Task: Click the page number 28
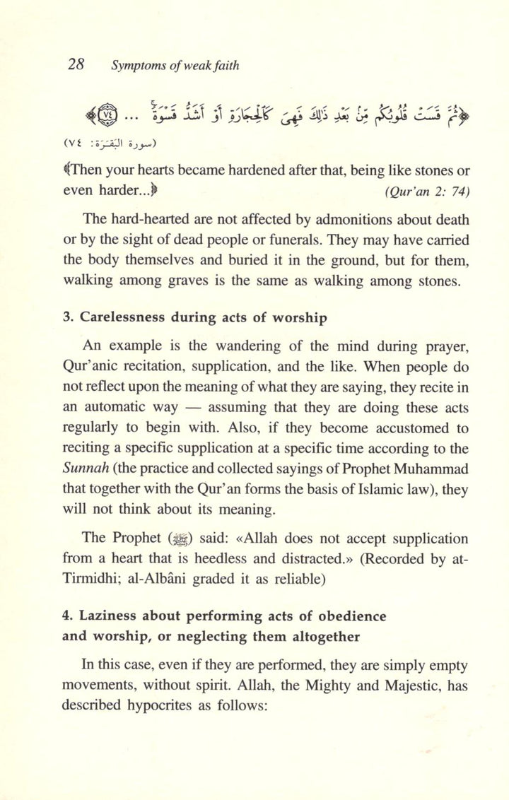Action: pos(76,64)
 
